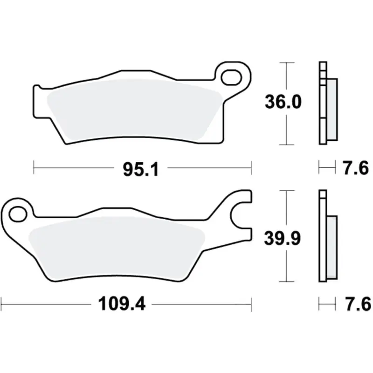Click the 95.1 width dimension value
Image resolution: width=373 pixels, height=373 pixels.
(141, 170)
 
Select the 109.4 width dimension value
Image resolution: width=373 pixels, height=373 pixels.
(122, 304)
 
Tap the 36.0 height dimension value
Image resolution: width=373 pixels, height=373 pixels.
(283, 102)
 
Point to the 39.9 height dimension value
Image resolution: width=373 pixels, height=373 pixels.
(283, 238)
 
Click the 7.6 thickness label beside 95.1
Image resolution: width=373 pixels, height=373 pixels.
(356, 168)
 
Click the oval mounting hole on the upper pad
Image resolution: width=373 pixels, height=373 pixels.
(231, 77)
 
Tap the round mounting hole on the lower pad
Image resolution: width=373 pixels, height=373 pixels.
(18, 214)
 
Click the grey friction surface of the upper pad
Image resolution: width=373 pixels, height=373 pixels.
(135, 110)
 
